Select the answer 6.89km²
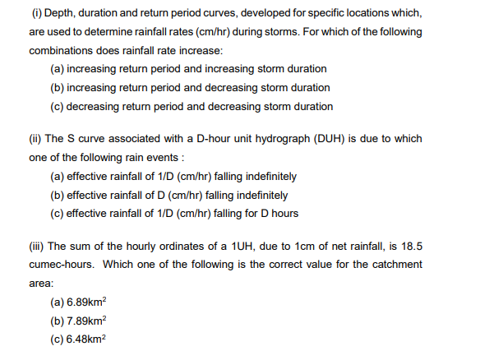click(x=86, y=302)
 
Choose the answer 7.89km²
click(x=86, y=321)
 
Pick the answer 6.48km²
click(x=86, y=339)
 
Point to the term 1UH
click(x=216, y=246)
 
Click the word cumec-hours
click(x=64, y=264)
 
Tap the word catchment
click(x=398, y=264)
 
